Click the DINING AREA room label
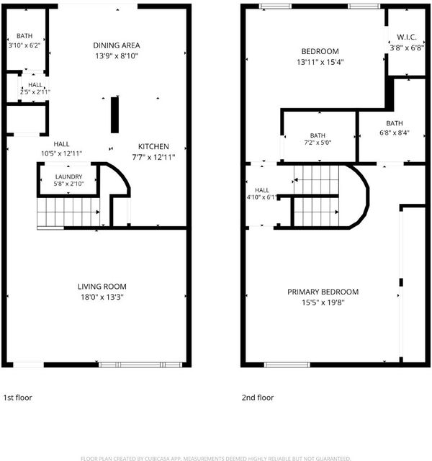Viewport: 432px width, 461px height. click(117, 45)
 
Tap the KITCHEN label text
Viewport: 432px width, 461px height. click(153, 146)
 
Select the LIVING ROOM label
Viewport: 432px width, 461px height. click(102, 287)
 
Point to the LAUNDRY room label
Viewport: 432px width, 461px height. click(69, 176)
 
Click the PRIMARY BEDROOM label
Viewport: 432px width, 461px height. click(323, 292)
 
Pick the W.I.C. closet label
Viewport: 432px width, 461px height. click(407, 37)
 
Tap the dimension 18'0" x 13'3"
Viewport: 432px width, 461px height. click(102, 297)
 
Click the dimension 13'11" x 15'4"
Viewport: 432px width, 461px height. click(320, 62)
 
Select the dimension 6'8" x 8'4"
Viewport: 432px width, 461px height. click(395, 133)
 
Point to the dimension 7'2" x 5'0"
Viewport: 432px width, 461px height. click(318, 143)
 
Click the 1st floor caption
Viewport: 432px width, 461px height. click(17, 398)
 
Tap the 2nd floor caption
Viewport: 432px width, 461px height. click(258, 398)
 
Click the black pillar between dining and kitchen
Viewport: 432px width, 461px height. click(114, 115)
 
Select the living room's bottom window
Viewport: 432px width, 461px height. click(140, 365)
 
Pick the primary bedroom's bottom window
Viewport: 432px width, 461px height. click(287, 365)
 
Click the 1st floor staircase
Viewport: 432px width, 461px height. click(68, 212)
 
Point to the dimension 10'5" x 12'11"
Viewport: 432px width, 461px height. click(61, 153)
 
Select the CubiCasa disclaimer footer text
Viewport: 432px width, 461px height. click(216, 458)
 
